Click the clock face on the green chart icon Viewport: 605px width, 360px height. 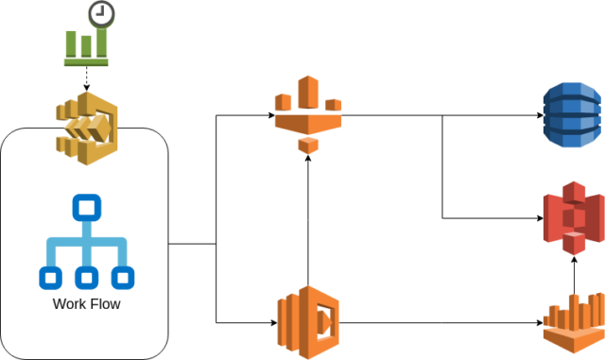tap(101, 14)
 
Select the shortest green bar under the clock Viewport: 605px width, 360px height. tap(86, 46)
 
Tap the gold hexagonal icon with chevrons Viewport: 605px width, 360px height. tap(87, 128)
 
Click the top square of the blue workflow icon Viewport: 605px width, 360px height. tap(87, 207)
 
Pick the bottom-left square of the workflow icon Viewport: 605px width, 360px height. tap(51, 278)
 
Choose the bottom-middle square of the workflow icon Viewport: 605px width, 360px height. tap(87, 278)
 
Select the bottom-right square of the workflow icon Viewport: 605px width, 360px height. tap(123, 278)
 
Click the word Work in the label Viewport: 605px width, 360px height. tap(69, 304)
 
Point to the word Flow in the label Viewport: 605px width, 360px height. tap(104, 304)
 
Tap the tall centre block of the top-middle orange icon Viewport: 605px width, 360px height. tap(308, 93)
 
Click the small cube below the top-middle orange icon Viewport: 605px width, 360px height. tap(308, 146)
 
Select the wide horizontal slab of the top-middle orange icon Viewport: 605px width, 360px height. tap(308, 122)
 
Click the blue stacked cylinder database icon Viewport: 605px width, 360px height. tap(572, 114)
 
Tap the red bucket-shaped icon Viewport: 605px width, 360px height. tap(573, 217)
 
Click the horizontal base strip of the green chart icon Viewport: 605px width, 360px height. tap(86, 62)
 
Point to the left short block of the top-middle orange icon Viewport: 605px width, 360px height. tap(283, 102)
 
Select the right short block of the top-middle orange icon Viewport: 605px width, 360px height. tap(333, 105)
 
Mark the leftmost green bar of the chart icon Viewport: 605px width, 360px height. tap(71, 43)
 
